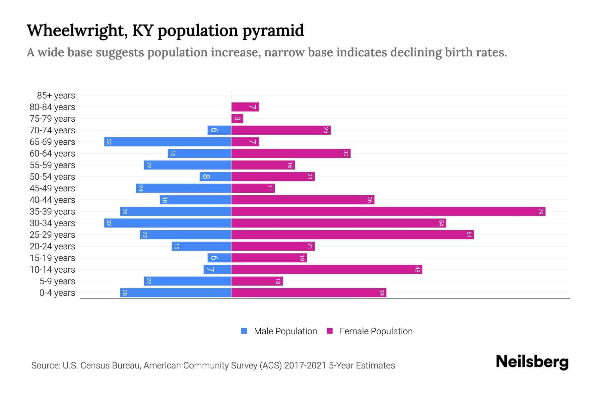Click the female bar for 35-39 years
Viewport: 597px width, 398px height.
pos(388,212)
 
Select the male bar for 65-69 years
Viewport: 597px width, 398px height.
pos(167,142)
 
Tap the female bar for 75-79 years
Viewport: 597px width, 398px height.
pos(237,119)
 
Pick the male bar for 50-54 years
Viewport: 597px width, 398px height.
pos(215,177)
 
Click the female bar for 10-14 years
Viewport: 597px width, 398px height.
pos(327,270)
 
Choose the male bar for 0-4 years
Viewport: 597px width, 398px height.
pos(175,293)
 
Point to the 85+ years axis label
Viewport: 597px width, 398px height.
pos(56,96)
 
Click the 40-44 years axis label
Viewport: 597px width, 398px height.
pos(52,200)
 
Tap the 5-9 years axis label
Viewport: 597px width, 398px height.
pos(57,281)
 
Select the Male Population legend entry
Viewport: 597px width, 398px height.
pos(285,331)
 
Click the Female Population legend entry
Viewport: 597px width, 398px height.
pos(376,331)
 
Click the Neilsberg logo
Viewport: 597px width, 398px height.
pos(532,362)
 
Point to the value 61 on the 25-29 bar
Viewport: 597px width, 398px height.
pos(469,235)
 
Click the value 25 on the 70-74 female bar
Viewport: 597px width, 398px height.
pos(326,130)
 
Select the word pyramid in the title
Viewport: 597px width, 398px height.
pos(273,31)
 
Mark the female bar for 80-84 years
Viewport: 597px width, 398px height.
pos(245,107)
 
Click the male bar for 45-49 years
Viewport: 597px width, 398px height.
pos(183,188)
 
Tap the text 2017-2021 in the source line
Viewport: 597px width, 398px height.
pos(305,365)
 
